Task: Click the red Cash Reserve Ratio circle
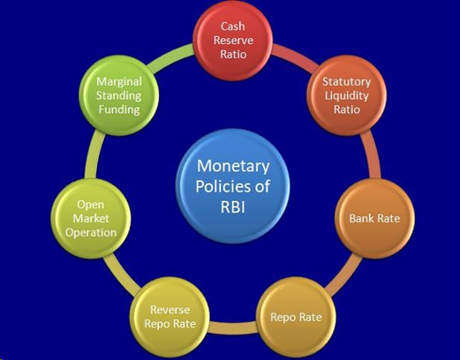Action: (233, 41)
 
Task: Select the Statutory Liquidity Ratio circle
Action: (346, 96)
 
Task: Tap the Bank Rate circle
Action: (374, 219)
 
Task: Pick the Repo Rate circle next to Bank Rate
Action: (296, 317)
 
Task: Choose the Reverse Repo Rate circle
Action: (170, 317)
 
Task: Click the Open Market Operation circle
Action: (91, 219)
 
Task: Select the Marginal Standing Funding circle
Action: (119, 96)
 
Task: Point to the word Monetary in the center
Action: (233, 167)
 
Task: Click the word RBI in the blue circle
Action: (233, 207)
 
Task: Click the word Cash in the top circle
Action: (233, 26)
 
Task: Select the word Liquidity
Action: (347, 96)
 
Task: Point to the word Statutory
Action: (346, 81)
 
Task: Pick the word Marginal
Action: (119, 81)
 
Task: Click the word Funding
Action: (119, 109)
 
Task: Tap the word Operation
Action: (91, 233)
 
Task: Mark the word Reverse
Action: (170, 310)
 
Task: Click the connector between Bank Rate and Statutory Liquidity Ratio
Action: (371, 155)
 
